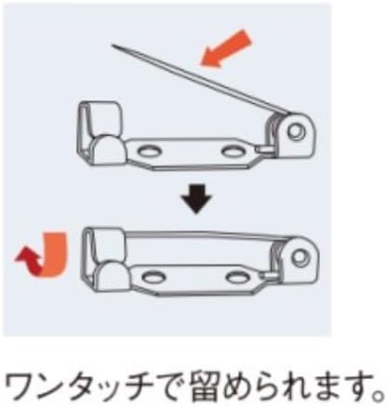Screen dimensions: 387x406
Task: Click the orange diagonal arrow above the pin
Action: [226, 48]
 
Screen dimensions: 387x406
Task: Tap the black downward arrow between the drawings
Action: [196, 199]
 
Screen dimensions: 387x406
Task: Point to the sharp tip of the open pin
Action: [113, 46]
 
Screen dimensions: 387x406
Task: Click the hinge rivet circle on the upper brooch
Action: [295, 131]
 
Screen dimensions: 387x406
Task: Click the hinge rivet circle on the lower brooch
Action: [300, 255]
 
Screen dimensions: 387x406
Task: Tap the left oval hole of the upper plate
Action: [150, 151]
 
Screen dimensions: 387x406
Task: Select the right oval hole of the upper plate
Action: [234, 151]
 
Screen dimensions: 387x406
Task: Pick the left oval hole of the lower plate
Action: [153, 277]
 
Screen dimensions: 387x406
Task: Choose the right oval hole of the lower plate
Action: [238, 276]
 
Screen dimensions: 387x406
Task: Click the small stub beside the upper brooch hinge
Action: [262, 150]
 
